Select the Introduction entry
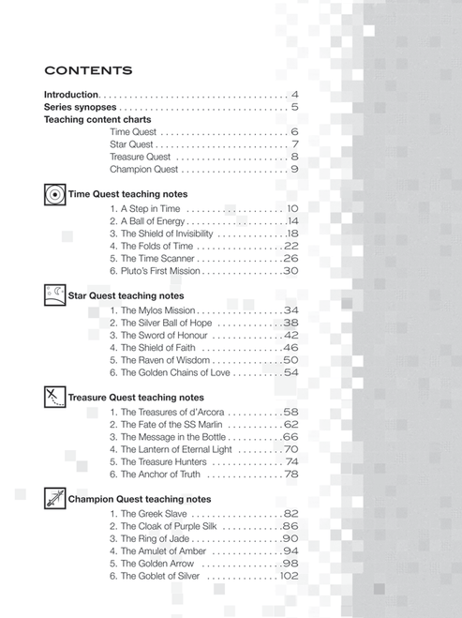71,95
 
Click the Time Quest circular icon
54,195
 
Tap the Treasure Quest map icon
54,398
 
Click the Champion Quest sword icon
54,499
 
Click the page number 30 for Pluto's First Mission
290,271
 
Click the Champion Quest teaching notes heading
140,499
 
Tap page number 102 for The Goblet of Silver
287,576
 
